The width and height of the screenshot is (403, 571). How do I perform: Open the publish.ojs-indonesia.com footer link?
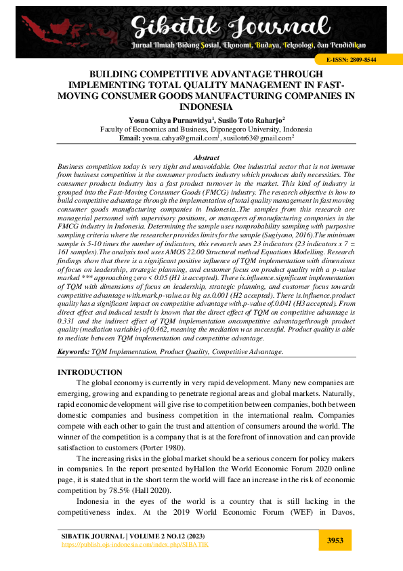point(135,544)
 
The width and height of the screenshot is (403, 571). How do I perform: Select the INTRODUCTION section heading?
point(90,372)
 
